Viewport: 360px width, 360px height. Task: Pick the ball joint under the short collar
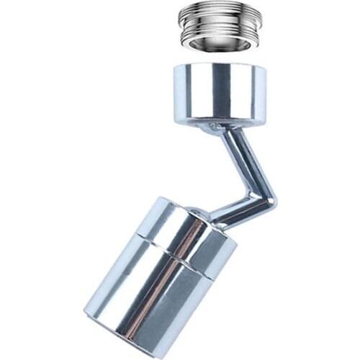point(214,128)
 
